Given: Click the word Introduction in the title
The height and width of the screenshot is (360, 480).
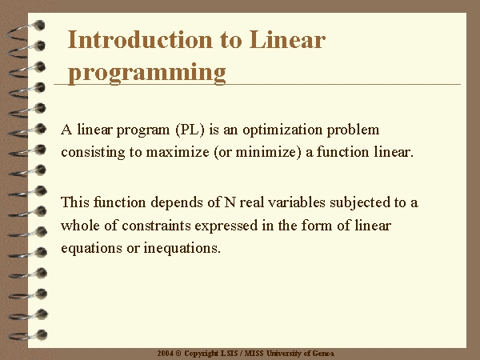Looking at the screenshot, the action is pyautogui.click(x=139, y=39).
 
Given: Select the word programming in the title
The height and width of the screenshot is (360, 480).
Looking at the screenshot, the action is pyautogui.click(x=147, y=74).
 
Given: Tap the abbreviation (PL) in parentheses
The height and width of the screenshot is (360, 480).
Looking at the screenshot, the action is pyautogui.click(x=190, y=130).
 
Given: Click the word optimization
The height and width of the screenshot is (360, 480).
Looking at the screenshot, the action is pyautogui.click(x=282, y=130).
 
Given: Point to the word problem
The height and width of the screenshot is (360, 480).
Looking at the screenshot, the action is pyautogui.click(x=353, y=130).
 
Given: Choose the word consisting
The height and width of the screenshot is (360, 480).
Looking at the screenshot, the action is pyautogui.click(x=93, y=153).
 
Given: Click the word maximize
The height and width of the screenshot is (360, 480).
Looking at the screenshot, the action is pyautogui.click(x=178, y=152).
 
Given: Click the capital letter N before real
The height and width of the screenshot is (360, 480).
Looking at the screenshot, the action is pyautogui.click(x=230, y=202).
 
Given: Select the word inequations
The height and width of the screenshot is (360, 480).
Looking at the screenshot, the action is pyautogui.click(x=182, y=248).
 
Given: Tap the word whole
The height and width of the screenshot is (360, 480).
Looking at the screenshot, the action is pyautogui.click(x=80, y=226).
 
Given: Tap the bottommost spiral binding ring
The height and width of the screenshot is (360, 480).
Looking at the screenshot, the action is pyautogui.click(x=27, y=335).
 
